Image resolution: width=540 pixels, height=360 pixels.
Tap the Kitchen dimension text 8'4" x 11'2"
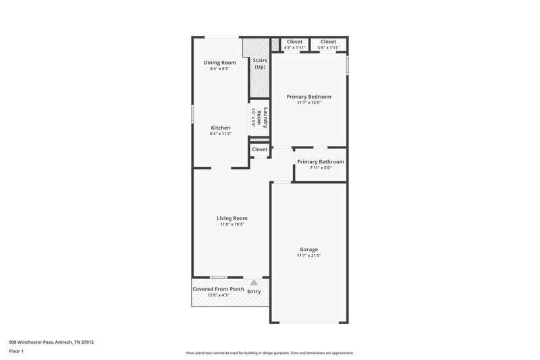tap(220, 134)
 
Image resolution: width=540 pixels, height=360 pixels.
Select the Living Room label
tap(232, 218)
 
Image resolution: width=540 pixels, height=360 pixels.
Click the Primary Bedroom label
tap(308, 97)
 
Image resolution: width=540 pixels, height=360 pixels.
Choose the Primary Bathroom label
tap(321, 161)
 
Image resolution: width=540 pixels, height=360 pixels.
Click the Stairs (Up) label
tap(260, 64)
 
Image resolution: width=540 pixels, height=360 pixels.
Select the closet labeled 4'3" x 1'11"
tap(295, 45)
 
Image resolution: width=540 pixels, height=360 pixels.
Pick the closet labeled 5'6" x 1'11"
tap(329, 45)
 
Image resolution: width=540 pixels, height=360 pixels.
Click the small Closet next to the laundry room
tap(259, 149)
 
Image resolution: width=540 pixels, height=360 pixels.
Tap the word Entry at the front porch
tap(254, 291)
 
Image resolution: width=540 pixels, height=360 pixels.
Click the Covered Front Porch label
tap(218, 289)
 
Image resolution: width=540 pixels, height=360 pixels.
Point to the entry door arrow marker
tap(253, 283)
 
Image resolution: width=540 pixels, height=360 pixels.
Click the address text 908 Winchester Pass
tap(51, 342)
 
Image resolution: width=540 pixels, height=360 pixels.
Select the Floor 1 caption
tap(16, 352)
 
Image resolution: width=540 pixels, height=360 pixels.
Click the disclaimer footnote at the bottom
tap(269, 353)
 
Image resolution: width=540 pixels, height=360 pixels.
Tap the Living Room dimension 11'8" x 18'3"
tap(232, 224)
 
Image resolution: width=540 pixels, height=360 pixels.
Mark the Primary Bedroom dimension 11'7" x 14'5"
tap(308, 103)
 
